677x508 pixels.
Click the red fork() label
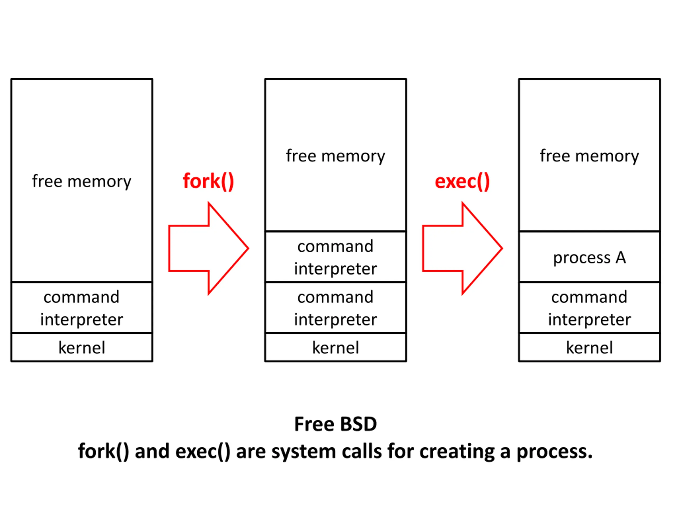click(208, 181)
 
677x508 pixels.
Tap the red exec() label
click(462, 182)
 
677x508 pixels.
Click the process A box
click(589, 257)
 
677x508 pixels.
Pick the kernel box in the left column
click(82, 347)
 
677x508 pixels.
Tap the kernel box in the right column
click(589, 347)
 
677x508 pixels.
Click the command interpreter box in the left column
click(82, 307)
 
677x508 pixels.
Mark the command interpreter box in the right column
click(589, 307)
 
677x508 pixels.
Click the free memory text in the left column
click(82, 181)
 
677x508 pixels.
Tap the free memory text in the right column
click(589, 156)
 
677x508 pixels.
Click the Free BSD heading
click(335, 424)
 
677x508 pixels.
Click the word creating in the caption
click(457, 452)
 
